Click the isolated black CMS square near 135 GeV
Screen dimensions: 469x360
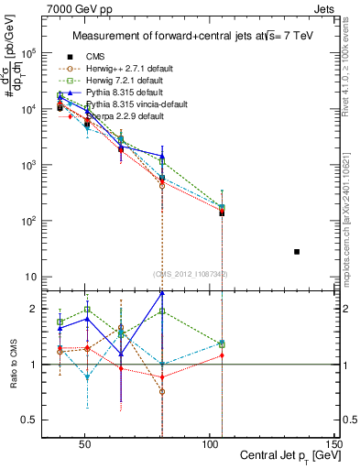[x=296, y=251]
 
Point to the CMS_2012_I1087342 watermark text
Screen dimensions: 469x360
[x=190, y=273]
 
